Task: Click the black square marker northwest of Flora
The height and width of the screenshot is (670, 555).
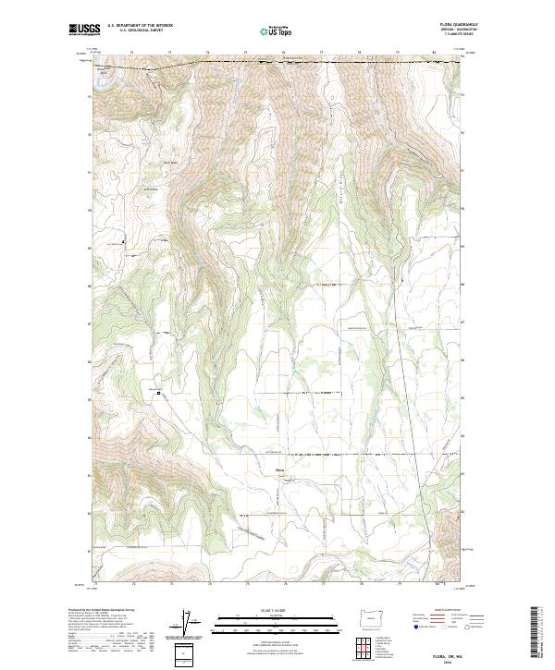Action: tap(159, 393)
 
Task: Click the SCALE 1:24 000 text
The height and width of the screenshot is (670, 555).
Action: tap(274, 611)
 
